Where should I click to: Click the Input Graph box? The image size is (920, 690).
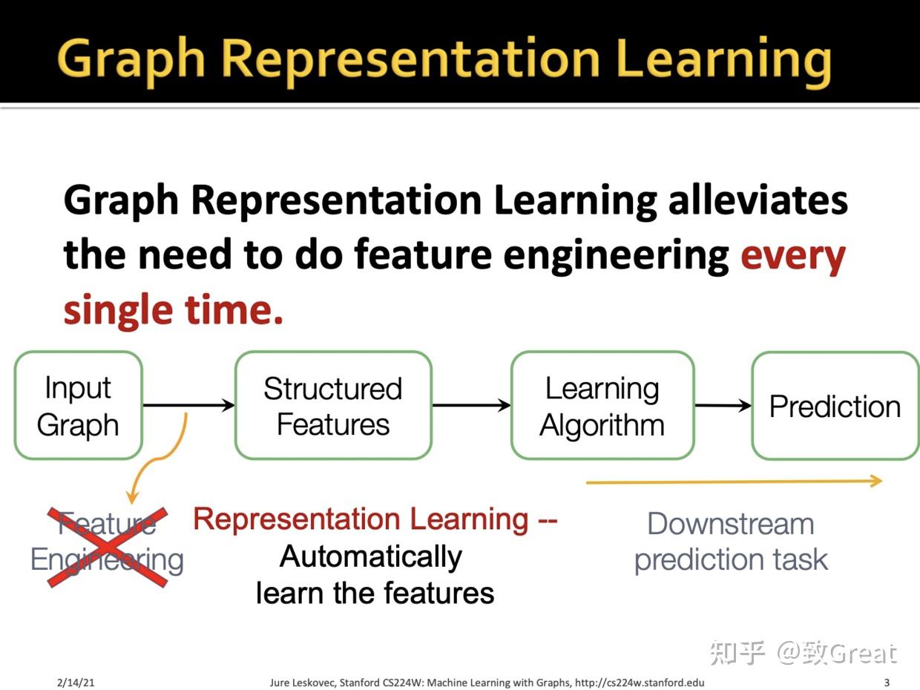tap(78, 405)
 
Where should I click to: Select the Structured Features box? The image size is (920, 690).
tap(333, 405)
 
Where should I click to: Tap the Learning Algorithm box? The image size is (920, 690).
tap(602, 405)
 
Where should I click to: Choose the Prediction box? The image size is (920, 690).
tap(835, 406)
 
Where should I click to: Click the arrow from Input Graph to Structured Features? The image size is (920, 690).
tap(188, 405)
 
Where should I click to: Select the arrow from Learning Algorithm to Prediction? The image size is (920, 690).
tap(723, 405)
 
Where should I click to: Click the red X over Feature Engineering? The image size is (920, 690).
tap(108, 547)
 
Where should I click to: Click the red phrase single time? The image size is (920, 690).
tap(173, 309)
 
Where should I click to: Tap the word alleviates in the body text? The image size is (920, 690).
tap(758, 201)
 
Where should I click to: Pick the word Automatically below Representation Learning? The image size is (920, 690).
tap(371, 556)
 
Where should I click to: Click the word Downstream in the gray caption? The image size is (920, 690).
tap(731, 524)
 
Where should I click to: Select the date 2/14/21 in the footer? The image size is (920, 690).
tap(76, 682)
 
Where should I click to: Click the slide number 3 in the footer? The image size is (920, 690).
tap(887, 682)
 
